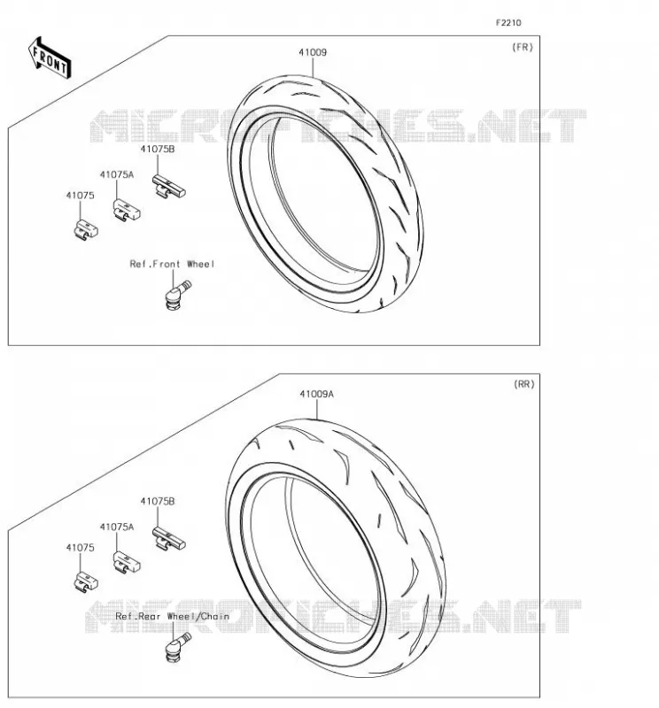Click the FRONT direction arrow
point(50,58)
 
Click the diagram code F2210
point(508,23)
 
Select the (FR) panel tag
point(523,47)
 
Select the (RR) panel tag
point(523,384)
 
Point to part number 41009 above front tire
point(313,52)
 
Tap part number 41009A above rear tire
point(316,394)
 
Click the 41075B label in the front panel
point(158,149)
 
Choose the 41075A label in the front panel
point(117,174)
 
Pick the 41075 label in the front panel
point(80,196)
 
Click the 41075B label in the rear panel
point(158,501)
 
